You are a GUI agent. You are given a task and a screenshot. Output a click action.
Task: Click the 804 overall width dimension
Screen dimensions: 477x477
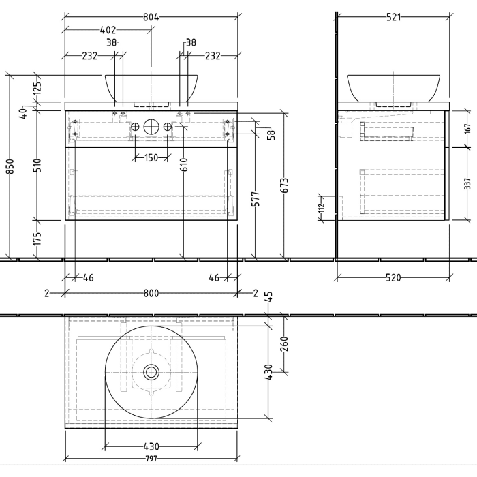[151, 17]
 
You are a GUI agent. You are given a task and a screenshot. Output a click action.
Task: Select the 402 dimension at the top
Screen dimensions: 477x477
[108, 30]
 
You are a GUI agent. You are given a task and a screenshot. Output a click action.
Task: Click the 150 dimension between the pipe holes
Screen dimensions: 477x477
[151, 158]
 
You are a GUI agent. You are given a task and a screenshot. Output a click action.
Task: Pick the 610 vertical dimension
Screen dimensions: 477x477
[184, 164]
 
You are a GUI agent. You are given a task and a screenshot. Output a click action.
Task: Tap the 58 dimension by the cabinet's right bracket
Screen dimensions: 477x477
[271, 135]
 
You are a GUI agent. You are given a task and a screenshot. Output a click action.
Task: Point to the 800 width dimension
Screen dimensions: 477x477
[151, 294]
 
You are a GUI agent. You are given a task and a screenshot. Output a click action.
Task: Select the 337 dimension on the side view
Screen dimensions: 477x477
[467, 184]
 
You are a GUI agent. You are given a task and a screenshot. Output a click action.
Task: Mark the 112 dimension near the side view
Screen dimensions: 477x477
[321, 208]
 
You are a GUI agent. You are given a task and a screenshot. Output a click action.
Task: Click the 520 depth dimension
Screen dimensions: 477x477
[393, 277]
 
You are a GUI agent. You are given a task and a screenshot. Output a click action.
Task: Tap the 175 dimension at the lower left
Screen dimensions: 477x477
[38, 239]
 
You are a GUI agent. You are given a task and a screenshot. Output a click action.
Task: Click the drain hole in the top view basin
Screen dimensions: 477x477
[151, 372]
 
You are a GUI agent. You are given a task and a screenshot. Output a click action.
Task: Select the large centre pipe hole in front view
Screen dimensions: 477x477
[151, 127]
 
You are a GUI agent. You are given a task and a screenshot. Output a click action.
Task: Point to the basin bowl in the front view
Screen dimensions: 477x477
[151, 87]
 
